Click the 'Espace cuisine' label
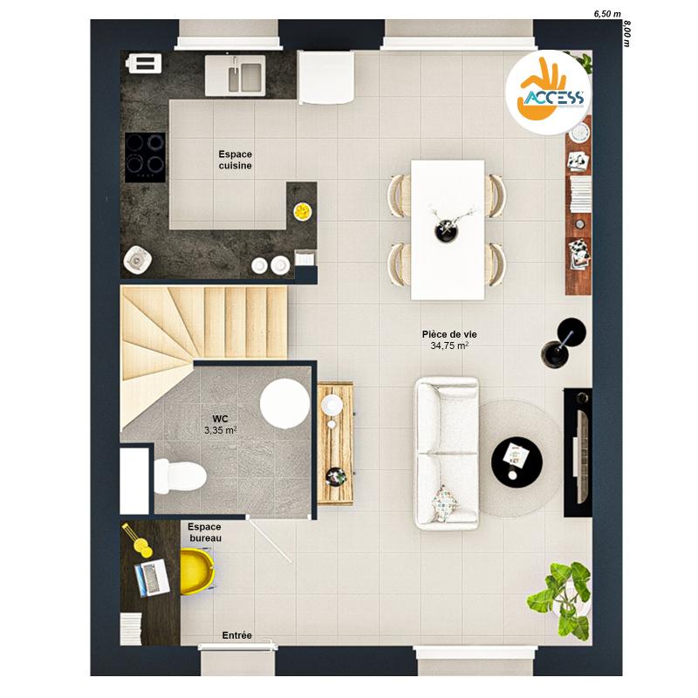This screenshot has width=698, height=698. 235,160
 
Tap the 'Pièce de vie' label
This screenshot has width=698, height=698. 449,334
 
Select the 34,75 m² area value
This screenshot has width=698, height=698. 449,346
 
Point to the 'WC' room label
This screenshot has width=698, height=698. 220,419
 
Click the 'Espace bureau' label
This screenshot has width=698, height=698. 204,532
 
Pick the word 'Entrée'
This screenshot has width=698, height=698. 236,636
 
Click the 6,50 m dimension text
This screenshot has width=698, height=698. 606,14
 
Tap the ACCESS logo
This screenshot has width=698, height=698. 549,92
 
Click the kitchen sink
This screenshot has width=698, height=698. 235,75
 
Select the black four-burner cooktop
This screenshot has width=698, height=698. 145,157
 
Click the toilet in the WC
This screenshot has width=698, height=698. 180,476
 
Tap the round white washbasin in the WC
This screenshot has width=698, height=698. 285,403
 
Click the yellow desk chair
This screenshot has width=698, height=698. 197,571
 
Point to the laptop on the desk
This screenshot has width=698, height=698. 152,578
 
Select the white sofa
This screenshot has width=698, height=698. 447,454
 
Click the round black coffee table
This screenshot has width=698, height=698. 517,462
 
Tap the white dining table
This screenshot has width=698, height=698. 448,229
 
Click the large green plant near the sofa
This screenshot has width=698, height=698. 560,599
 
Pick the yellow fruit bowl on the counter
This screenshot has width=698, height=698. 302,211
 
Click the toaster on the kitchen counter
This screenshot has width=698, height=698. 143,63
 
